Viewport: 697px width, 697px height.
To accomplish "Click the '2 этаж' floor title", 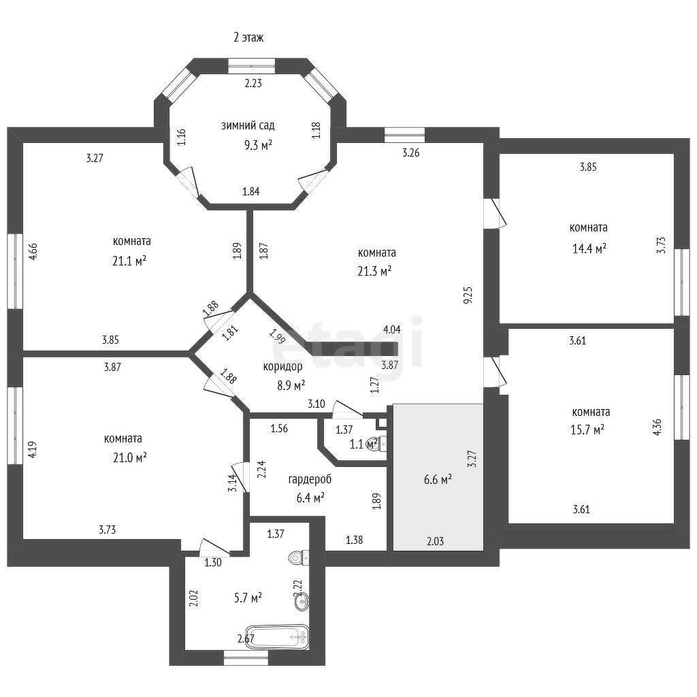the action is (x=248, y=37).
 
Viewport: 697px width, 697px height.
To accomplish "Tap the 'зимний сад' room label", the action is (x=248, y=125).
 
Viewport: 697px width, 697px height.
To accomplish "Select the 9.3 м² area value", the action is (x=258, y=145).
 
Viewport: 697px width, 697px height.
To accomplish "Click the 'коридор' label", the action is (x=282, y=366).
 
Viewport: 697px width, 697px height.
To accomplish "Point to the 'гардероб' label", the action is (x=310, y=480).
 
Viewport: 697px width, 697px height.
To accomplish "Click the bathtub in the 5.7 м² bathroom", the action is (x=278, y=638).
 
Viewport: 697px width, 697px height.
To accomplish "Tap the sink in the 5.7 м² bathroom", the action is (x=302, y=602).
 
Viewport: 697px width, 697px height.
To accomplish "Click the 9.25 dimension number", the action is (x=468, y=295).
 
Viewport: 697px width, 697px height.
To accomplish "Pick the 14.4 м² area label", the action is (x=589, y=248).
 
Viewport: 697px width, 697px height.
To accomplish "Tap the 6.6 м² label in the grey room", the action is (x=438, y=479).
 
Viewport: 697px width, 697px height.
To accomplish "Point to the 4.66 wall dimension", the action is (x=33, y=251).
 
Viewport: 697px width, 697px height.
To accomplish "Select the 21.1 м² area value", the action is (x=129, y=261).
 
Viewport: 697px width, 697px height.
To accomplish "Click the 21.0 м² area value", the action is (x=130, y=457).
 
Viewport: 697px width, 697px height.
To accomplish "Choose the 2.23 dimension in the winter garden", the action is (x=253, y=83).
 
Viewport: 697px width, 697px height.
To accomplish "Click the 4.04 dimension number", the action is (x=392, y=329).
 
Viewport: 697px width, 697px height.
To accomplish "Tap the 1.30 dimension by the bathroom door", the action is (x=213, y=562).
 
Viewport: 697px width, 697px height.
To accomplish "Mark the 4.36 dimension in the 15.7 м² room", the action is (x=658, y=427).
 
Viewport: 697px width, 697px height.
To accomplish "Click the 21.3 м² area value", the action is (x=374, y=271).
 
